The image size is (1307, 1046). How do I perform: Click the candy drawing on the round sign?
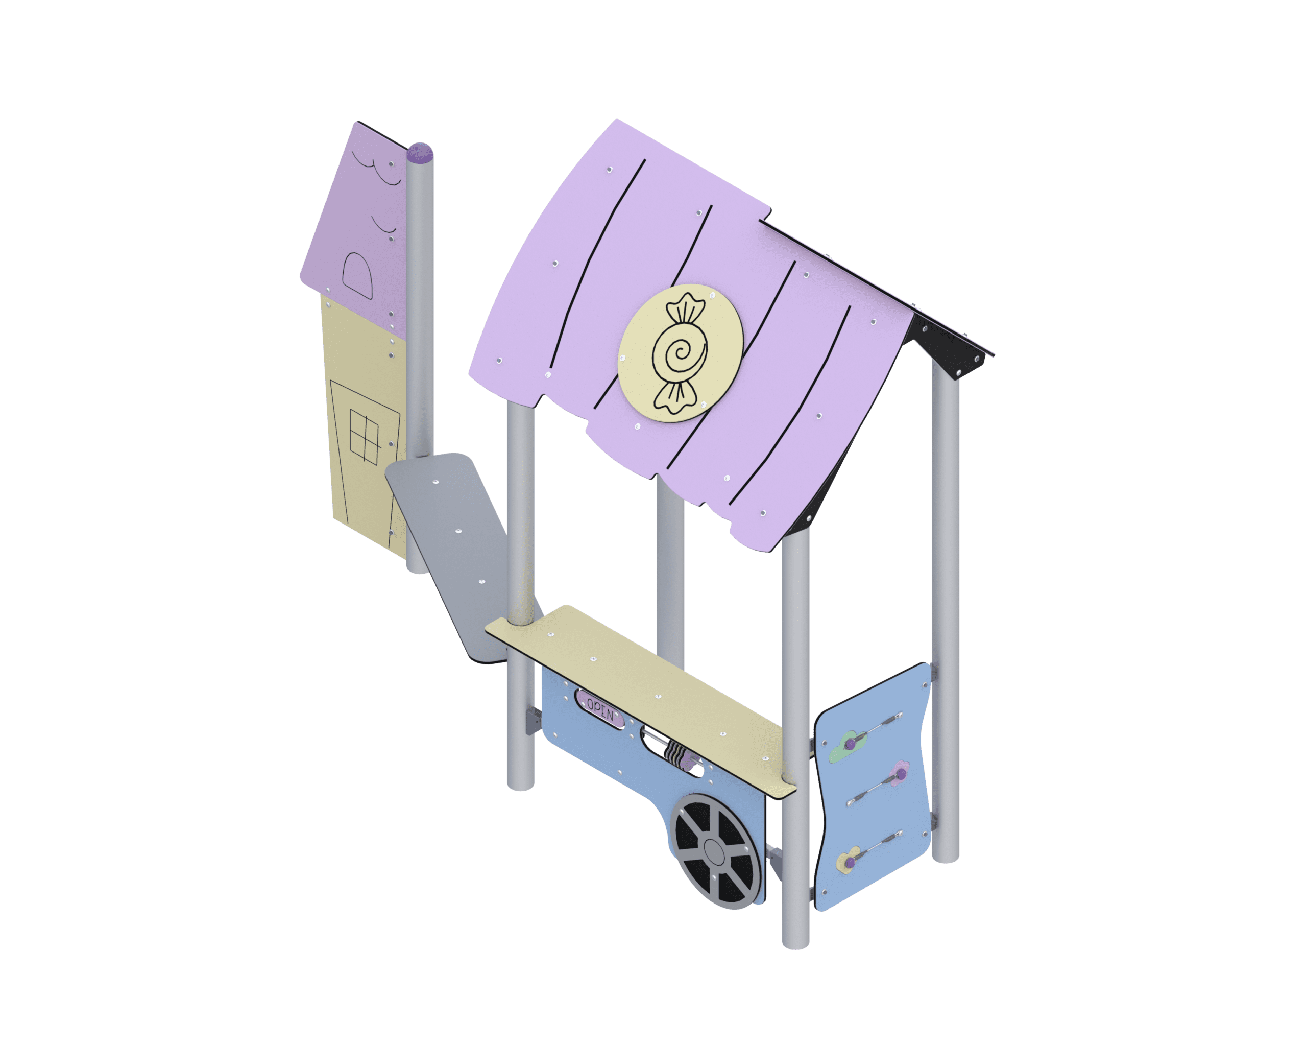680,353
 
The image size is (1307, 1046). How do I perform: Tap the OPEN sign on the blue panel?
599,709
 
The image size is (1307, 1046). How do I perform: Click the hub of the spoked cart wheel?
715,852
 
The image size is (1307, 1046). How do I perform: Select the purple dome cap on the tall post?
420,152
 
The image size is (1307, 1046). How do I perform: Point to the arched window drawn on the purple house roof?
358,275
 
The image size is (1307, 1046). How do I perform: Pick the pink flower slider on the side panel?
899,773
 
